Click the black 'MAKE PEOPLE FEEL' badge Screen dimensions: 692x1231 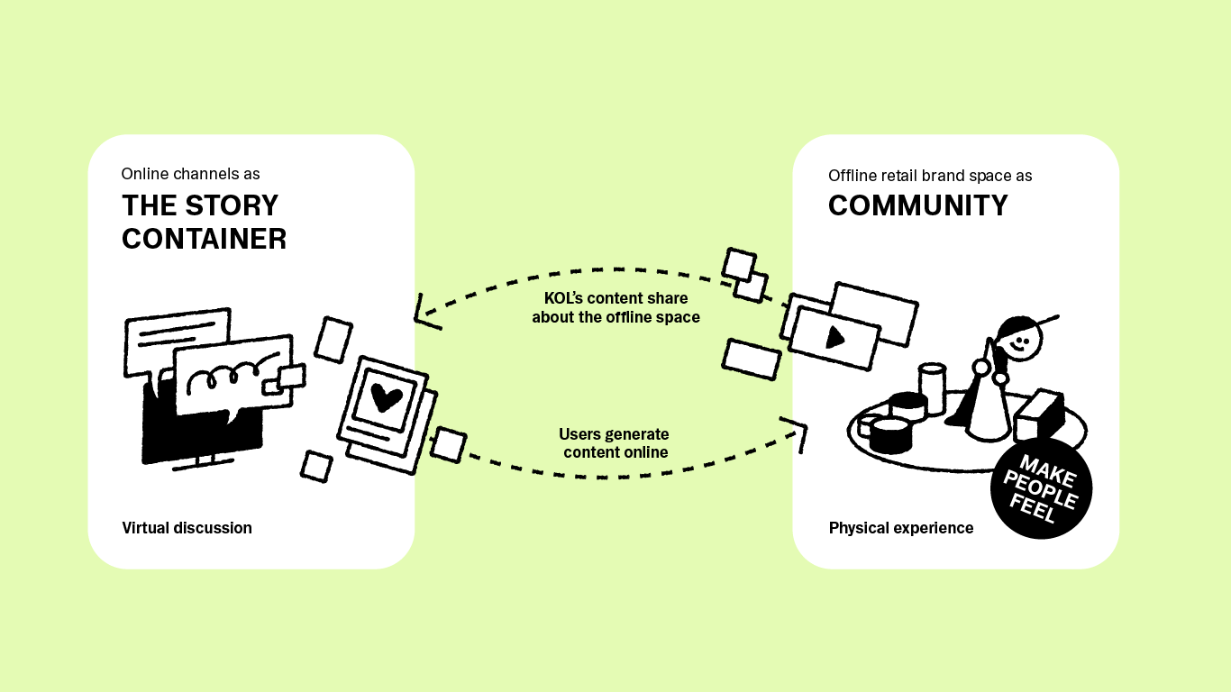1041,490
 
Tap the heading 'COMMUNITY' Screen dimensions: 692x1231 917,206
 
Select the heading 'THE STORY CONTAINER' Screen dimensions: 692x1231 204,222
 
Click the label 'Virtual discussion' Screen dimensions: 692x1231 187,528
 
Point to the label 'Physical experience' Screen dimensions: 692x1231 901,528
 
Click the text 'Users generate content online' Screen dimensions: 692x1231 615,443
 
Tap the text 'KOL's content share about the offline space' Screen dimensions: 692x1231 615,307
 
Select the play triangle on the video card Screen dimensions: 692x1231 834,337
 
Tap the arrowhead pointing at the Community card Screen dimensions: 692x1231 796,429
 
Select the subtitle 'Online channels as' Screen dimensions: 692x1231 190,174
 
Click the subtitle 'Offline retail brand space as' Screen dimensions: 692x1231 930,176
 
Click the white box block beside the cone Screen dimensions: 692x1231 1038,414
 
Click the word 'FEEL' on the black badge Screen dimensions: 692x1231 1033,510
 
